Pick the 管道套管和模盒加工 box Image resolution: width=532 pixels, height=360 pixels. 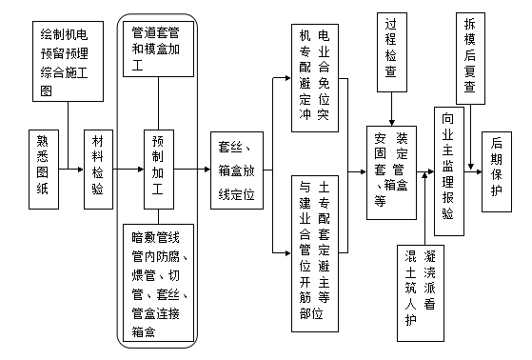(x=161, y=50)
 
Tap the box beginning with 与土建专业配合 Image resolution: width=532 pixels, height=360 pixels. (x=313, y=255)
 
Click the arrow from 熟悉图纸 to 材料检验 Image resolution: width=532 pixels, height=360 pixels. (x=75, y=170)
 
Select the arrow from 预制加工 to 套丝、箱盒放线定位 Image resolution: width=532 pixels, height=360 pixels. (x=196, y=170)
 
